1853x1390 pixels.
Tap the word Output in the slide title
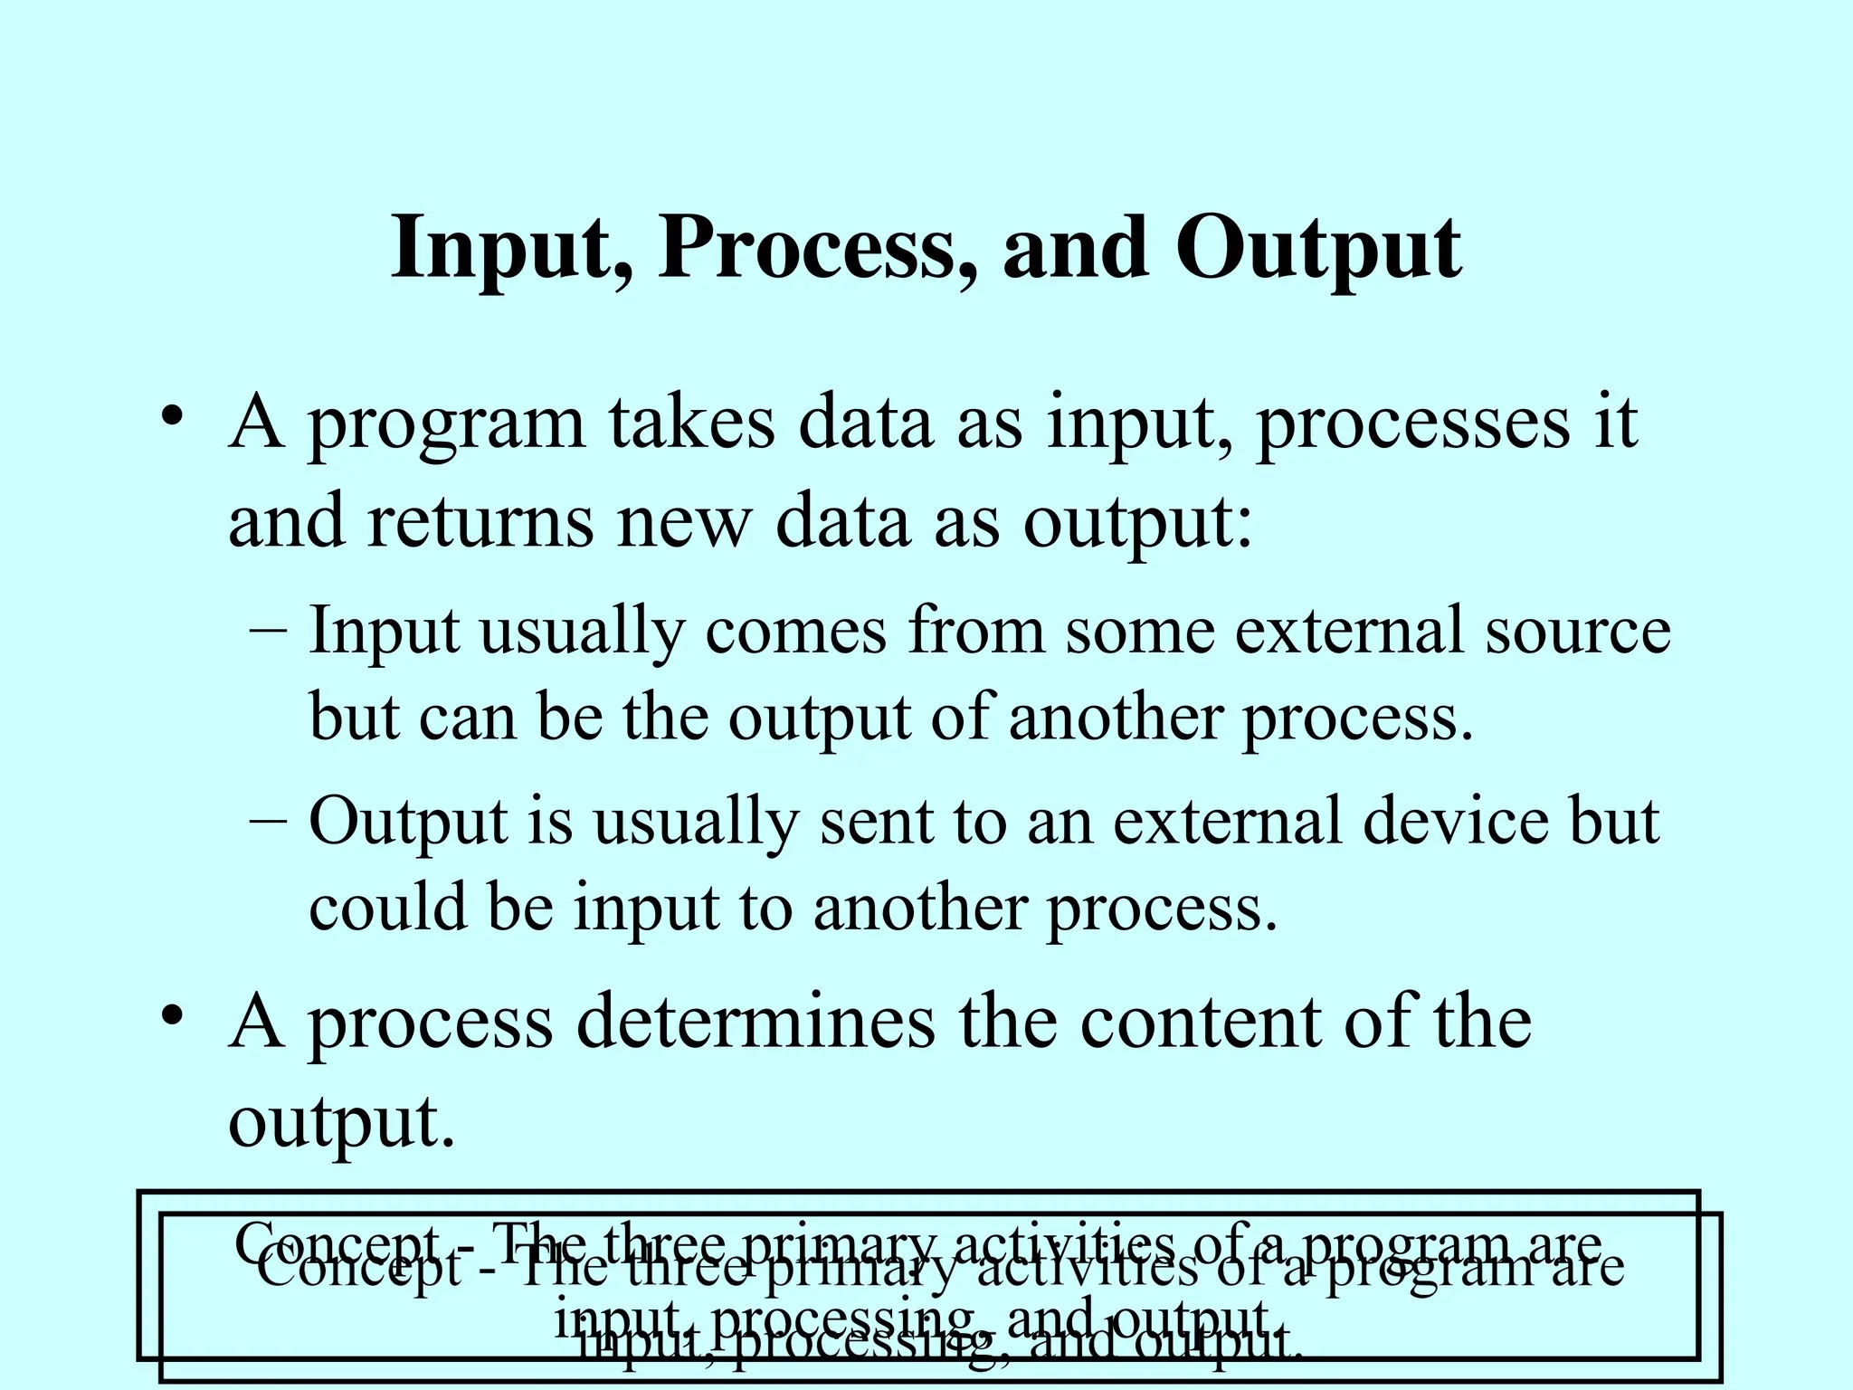(x=1317, y=249)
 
